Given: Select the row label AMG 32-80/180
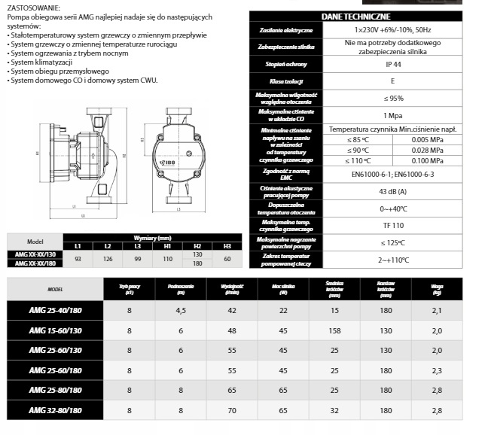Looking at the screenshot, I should pyautogui.click(x=54, y=411).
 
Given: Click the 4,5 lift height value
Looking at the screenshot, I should pyautogui.click(x=181, y=310).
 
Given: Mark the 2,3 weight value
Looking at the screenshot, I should pyautogui.click(x=438, y=371).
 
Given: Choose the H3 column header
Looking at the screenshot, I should pyautogui.click(x=227, y=245).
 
